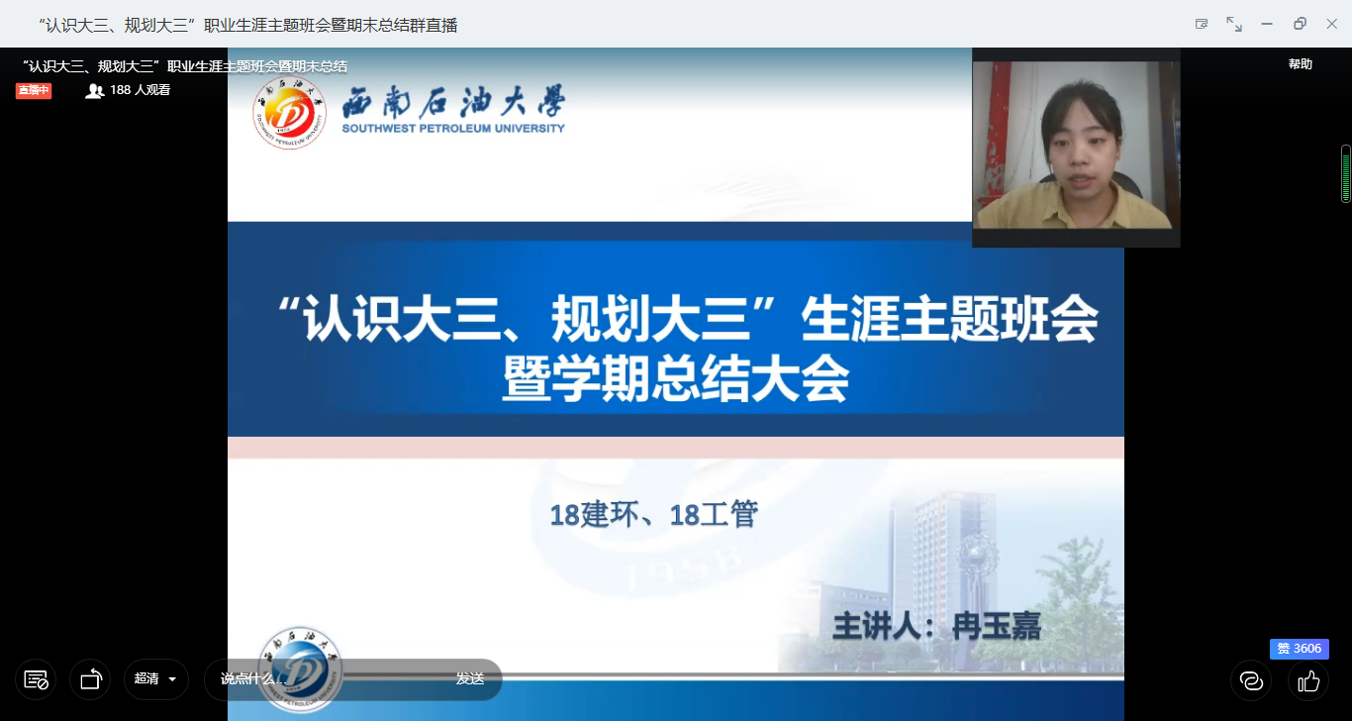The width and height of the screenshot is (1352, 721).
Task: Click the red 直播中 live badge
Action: click(34, 90)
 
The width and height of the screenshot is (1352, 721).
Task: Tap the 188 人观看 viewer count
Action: click(128, 90)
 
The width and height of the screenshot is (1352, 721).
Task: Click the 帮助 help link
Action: click(1301, 64)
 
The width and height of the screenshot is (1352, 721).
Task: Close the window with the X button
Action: click(1332, 24)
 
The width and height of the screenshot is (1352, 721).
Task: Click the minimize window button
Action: click(1267, 24)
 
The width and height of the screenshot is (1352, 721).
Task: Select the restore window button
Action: click(1300, 24)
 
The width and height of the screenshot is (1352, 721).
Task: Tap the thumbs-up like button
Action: click(1307, 680)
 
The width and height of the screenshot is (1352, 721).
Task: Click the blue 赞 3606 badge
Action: click(1299, 649)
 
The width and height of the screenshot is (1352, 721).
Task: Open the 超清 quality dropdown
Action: click(155, 679)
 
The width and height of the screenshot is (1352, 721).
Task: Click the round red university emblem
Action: click(290, 112)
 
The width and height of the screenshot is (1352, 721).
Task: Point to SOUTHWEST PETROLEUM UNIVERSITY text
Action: click(453, 128)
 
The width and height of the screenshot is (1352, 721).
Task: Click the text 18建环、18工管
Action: click(653, 515)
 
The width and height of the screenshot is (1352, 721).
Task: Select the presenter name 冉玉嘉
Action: click(997, 626)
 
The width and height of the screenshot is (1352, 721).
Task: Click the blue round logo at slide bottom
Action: click(300, 669)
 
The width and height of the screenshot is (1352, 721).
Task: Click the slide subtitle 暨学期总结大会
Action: click(676, 378)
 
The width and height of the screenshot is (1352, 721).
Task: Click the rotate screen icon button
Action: click(90, 679)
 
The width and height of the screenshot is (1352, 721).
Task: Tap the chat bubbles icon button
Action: click(1251, 680)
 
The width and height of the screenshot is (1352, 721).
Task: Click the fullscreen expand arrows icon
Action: click(1234, 24)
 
